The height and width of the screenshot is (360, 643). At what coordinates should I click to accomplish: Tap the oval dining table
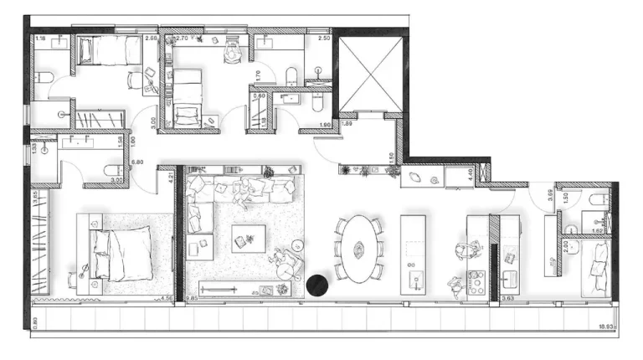358,248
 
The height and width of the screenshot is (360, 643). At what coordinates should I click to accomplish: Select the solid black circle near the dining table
317,285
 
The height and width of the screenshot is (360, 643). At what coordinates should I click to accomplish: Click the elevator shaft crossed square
369,73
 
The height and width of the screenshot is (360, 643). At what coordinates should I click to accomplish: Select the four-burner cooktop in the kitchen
476,282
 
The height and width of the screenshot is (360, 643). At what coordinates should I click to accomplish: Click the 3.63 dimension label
507,296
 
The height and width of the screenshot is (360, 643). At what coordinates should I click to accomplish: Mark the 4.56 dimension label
165,296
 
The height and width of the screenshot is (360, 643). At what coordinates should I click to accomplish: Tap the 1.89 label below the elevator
347,125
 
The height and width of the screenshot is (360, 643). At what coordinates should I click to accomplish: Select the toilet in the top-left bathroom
48,80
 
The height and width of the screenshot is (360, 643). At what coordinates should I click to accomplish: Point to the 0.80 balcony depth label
34,319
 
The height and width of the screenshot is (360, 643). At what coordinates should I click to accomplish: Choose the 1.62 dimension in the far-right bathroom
598,229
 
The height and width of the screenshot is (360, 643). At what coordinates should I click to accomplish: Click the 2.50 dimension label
325,39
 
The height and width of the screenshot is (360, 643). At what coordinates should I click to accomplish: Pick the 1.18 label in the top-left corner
39,39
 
